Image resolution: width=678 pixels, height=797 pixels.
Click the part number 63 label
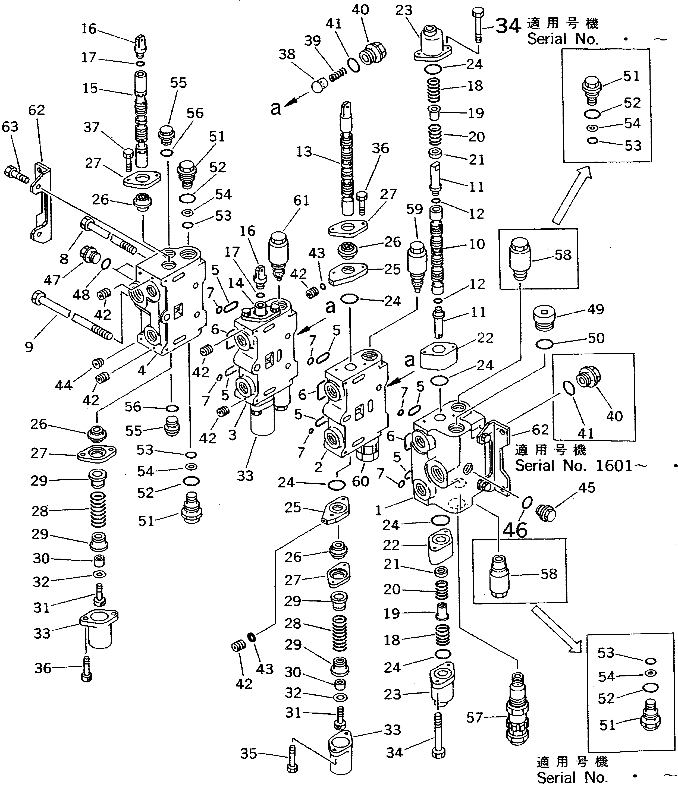(x=10, y=127)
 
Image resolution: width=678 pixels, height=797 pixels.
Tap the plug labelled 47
(x=90, y=255)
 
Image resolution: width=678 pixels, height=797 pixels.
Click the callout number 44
(x=63, y=385)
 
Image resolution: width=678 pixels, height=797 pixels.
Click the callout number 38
(x=287, y=55)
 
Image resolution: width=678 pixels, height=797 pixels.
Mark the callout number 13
(x=304, y=152)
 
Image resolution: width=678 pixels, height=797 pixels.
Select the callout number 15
(x=90, y=88)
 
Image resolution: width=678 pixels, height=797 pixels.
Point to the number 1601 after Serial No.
(x=614, y=466)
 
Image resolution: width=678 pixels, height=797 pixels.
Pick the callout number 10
(x=477, y=244)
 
